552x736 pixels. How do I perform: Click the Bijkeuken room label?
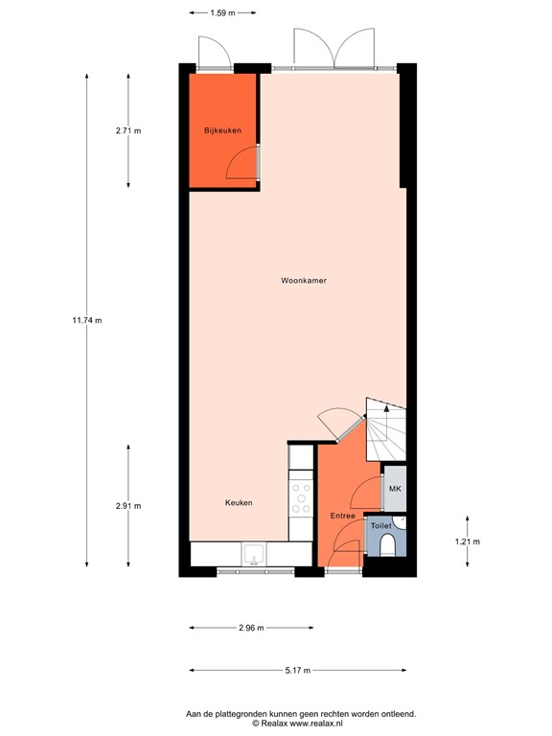coord(221,129)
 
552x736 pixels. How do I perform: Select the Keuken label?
coord(239,503)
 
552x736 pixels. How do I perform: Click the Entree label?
coord(343,516)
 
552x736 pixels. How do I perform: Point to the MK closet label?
coord(394,489)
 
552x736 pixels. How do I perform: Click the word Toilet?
coord(380,526)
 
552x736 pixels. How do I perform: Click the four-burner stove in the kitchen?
coord(301,496)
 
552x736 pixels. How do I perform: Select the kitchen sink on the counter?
coord(255,554)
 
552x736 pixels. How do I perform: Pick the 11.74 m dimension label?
coord(86,320)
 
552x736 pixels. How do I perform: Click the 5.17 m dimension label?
coord(298,671)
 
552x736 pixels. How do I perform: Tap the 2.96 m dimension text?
coord(250,628)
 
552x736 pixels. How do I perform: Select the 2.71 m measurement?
coord(128,130)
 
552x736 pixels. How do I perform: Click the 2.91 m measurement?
coord(128,506)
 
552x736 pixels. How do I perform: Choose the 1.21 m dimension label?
coord(467,541)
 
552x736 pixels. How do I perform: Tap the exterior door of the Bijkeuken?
coord(214,53)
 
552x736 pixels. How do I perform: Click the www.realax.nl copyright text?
coord(275,724)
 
